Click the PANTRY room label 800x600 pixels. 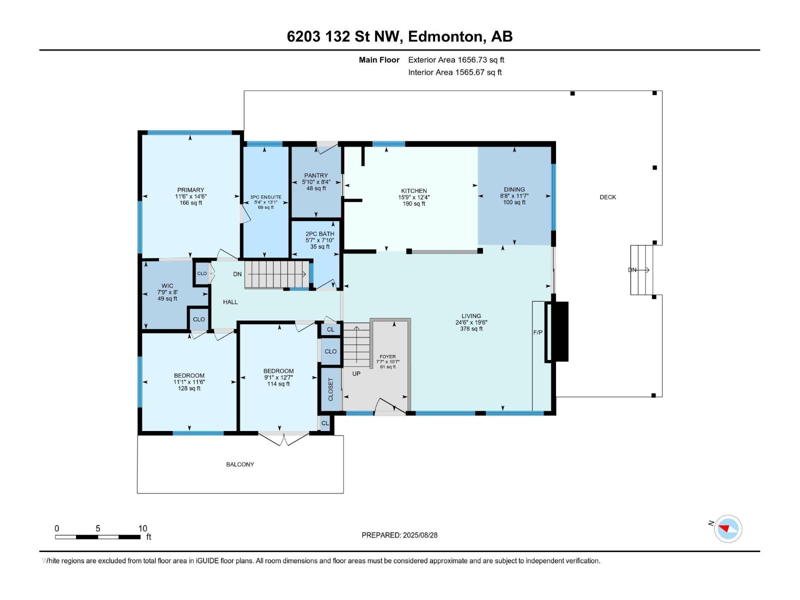[316, 175]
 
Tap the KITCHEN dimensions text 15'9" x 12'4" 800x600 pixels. [413, 197]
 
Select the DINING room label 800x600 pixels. [514, 189]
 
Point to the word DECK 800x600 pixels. [608, 197]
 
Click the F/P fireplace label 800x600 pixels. [537, 332]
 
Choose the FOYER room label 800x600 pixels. [387, 356]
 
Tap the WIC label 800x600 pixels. [167, 285]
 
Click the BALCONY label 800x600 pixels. [240, 464]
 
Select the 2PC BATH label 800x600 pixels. [319, 234]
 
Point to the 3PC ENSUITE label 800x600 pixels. [265, 197]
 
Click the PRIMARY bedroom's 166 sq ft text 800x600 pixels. [190, 202]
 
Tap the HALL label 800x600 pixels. [230, 302]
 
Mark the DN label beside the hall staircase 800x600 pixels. [237, 274]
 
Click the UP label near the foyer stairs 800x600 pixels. [356, 374]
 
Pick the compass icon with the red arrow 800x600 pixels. [727, 528]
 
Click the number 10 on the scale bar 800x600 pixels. [142, 528]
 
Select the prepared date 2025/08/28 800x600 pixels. [420, 535]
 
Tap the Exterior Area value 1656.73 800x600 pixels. [472, 59]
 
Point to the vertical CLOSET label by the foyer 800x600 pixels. [330, 389]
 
